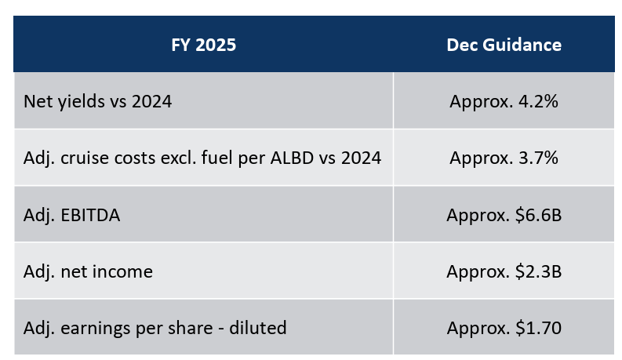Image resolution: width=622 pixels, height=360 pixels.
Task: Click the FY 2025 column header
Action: [203, 45]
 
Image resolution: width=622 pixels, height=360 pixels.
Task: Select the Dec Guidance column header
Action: [504, 45]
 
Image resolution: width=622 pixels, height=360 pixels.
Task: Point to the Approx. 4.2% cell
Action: [504, 101]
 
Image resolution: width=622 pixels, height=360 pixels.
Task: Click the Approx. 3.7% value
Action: [504, 158]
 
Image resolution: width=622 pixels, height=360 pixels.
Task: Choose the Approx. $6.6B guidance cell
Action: [504, 214]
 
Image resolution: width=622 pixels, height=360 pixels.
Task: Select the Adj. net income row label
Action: [88, 271]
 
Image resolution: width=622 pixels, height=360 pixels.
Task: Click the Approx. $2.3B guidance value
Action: [504, 271]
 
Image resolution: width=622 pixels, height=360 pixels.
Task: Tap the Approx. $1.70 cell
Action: [504, 327]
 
